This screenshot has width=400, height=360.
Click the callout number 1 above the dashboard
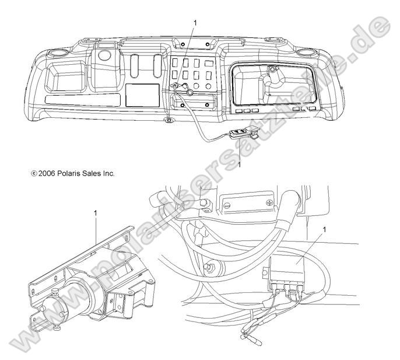click(195, 23)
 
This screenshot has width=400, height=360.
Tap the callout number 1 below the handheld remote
click(239, 165)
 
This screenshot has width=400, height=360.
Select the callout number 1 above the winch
click(96, 213)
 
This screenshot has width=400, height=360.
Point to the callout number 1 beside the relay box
click(324, 230)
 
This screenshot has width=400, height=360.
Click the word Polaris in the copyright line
click(68, 174)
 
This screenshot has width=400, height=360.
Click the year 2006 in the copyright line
click(47, 174)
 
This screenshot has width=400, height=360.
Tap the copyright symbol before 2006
click(34, 174)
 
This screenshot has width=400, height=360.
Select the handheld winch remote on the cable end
click(240, 134)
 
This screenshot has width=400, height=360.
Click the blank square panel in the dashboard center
click(143, 95)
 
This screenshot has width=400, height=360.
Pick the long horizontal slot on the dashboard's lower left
click(82, 100)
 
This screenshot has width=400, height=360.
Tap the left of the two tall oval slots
click(135, 66)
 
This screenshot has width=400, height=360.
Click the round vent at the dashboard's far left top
click(58, 53)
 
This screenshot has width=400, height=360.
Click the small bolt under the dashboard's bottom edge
click(168, 120)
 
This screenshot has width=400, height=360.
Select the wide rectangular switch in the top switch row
click(209, 63)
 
